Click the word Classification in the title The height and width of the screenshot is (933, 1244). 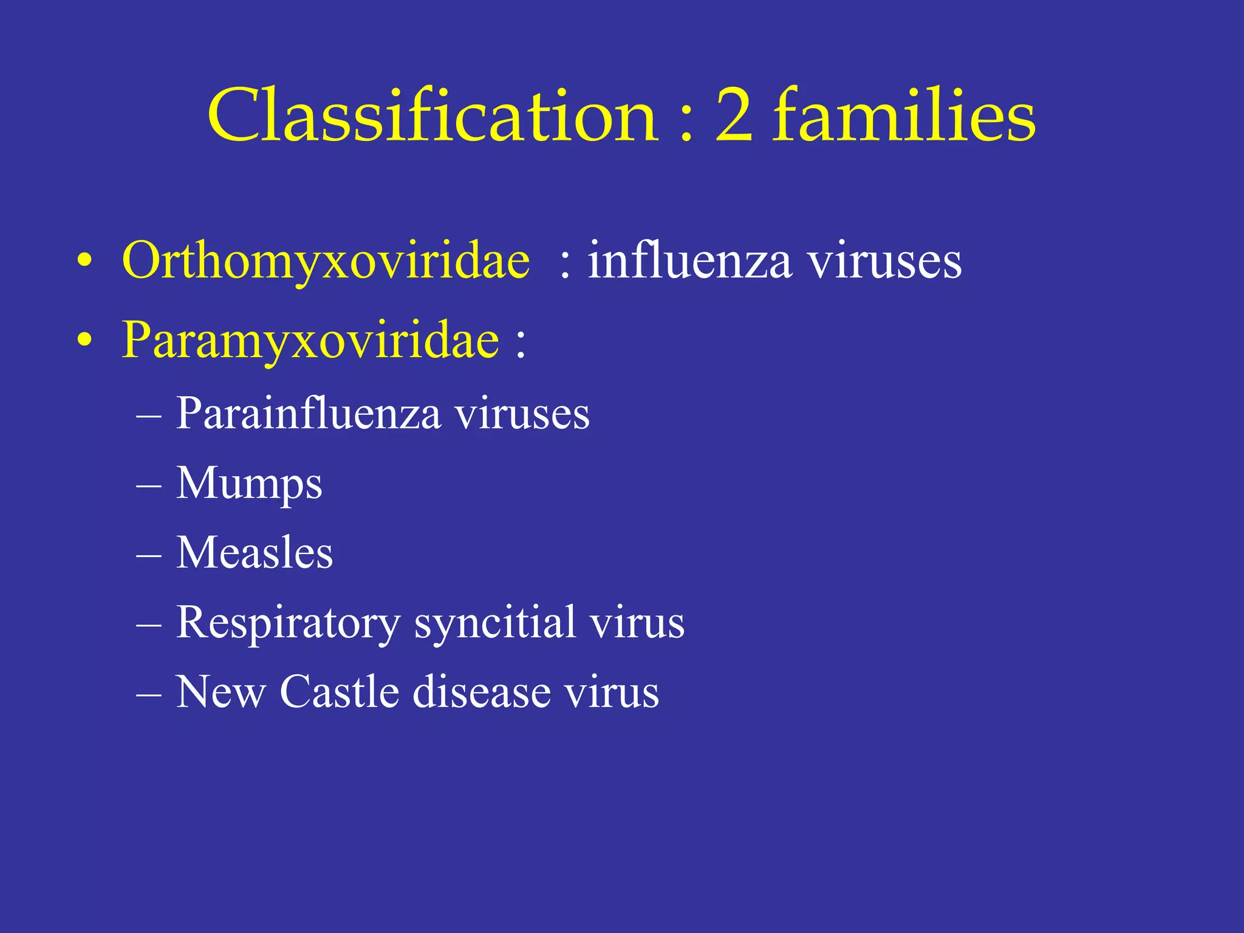click(432, 115)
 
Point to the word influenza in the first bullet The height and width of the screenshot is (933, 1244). click(689, 261)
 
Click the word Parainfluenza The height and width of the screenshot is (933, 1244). click(309, 414)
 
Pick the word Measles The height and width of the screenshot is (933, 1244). click(255, 553)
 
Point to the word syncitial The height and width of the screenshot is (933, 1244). click(495, 623)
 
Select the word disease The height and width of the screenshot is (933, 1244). click(482, 692)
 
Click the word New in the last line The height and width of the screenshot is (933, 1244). click(220, 692)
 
